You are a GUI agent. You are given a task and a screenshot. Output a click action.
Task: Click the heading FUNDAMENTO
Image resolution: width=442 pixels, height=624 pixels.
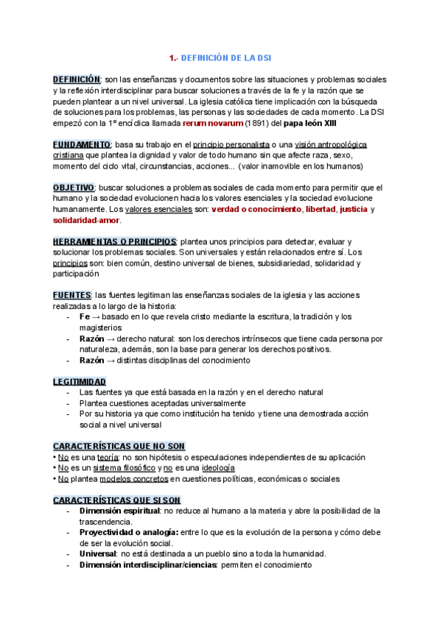[x=82, y=145]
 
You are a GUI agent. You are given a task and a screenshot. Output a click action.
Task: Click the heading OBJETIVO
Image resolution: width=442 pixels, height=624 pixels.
[x=74, y=188]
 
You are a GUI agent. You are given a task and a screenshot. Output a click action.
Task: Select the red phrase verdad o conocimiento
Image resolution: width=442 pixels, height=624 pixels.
[x=256, y=210]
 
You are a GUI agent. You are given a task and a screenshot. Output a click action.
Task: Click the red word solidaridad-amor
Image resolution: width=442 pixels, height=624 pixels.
[x=87, y=220]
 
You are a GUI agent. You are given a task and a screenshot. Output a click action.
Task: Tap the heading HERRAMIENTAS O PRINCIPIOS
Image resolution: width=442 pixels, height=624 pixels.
[x=114, y=242]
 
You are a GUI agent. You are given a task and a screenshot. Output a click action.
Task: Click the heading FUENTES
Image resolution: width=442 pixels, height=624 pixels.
[x=71, y=296]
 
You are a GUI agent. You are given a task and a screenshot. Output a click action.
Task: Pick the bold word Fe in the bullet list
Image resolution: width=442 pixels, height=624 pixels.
[x=85, y=317]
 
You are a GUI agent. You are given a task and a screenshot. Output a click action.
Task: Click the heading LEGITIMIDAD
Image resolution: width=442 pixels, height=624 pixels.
[x=80, y=382]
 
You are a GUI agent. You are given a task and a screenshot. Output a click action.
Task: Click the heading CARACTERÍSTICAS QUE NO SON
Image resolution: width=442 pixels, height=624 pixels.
[x=119, y=447]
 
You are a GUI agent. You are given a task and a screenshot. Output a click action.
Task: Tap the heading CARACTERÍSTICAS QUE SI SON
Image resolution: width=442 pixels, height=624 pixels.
[x=116, y=500]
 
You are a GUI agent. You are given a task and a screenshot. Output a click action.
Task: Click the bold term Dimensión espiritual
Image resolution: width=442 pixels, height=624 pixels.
[x=119, y=511]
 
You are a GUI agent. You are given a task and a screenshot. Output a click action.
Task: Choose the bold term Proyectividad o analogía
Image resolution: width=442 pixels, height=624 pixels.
[x=129, y=532]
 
